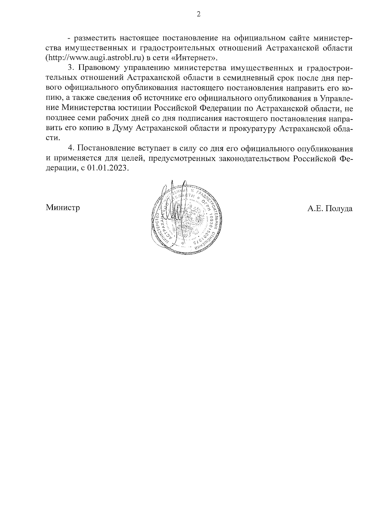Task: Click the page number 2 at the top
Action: pos(199,14)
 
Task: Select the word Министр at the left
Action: pos(63,208)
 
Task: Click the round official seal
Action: pos(187,218)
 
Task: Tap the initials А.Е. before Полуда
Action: pos(314,208)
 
